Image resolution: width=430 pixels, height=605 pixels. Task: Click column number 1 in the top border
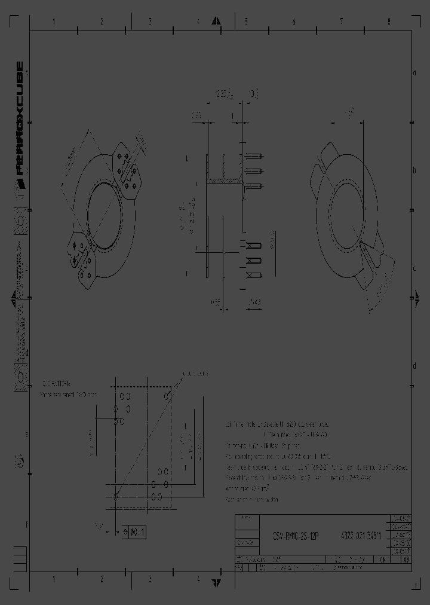[x=54, y=22]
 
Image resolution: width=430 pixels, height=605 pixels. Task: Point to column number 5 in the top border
[x=245, y=22]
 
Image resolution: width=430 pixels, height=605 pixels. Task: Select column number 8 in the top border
[x=389, y=22]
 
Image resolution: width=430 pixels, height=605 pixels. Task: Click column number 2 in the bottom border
[x=102, y=579]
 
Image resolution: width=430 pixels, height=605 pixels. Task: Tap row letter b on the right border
[x=414, y=170]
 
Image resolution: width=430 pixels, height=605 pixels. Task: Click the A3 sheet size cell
[x=406, y=560]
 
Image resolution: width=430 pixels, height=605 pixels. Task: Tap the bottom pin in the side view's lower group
[x=254, y=275]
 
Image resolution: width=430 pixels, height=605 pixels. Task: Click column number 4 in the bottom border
[x=198, y=579]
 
